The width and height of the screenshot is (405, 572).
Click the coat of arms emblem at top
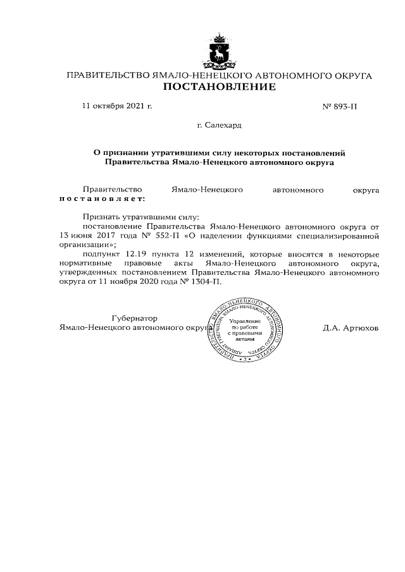tap(219, 52)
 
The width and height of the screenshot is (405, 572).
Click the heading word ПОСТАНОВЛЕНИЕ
tap(219, 87)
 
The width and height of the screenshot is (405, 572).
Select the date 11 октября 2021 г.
tap(117, 106)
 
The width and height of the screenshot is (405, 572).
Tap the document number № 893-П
tap(340, 106)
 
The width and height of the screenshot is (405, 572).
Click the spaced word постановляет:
tap(101, 198)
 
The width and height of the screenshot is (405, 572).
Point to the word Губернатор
tap(134, 319)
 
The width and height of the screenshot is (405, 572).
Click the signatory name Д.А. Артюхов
tap(350, 328)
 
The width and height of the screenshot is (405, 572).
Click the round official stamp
tap(244, 329)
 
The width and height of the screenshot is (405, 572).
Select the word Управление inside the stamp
tap(244, 322)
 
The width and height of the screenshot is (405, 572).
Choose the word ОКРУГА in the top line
tap(350, 75)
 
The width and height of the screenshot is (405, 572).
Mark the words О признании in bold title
tap(116, 152)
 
